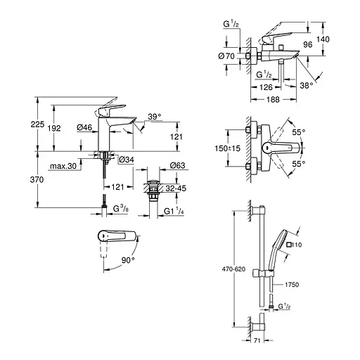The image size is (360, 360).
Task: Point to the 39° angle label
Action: (155, 117)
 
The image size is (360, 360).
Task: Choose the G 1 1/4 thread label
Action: (175, 212)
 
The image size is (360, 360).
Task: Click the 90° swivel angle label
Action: (127, 259)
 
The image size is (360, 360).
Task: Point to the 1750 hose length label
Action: (294, 284)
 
